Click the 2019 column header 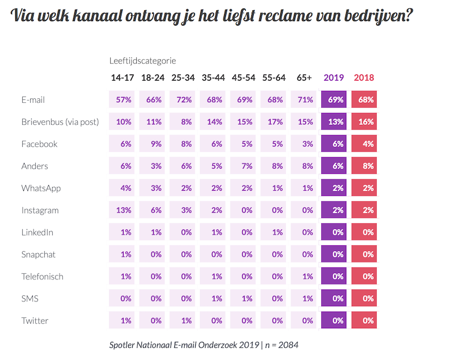click(x=333, y=78)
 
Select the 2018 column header click(x=364, y=78)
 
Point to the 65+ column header click(x=304, y=78)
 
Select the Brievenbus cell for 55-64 click(x=273, y=122)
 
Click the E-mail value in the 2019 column click(x=334, y=100)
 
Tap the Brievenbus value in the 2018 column click(x=364, y=122)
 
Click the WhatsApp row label click(x=41, y=189)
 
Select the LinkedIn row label click(x=37, y=232)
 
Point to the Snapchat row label click(x=39, y=254)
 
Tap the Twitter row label click(x=35, y=321)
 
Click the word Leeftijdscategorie click(x=143, y=60)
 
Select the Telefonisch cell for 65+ click(x=304, y=277)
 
